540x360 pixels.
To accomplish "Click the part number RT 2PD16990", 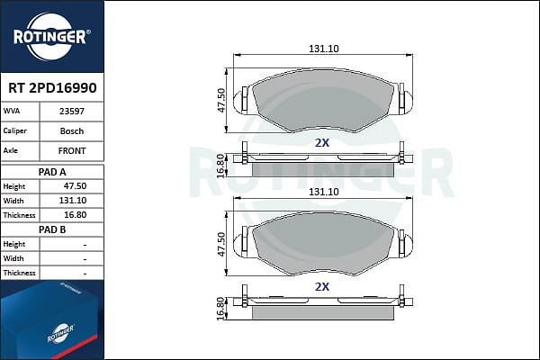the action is pos(52,88).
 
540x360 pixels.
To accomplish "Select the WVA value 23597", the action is pos(72,112).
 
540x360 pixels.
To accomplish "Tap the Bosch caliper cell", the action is pos(72,130).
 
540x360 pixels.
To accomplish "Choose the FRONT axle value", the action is pos(72,150).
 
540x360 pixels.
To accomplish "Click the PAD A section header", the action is pos(52,172).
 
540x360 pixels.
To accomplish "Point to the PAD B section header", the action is pos(52,229).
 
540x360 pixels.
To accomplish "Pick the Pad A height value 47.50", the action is pos(75,186).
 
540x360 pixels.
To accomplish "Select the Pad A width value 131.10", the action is pos(73,201).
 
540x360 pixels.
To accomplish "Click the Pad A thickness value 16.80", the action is pos(75,215).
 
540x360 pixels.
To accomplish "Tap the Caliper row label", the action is pos(14,130).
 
